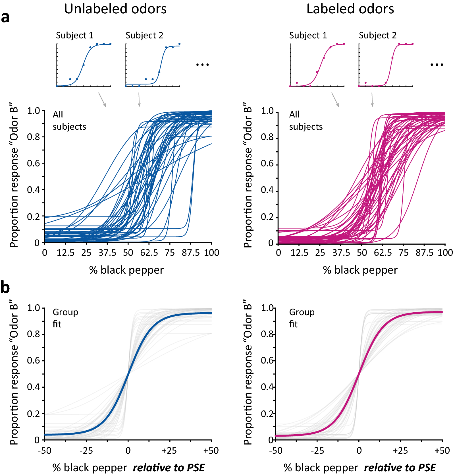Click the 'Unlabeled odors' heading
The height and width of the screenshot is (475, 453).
115,9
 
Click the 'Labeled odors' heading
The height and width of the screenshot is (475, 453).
350,9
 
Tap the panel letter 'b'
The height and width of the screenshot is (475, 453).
5,288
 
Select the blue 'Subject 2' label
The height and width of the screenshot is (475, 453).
144,35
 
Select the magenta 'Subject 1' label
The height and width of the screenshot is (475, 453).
308,35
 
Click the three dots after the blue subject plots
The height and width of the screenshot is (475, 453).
202,65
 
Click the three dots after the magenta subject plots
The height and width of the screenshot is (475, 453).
437,65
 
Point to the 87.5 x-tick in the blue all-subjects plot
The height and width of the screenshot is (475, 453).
190,253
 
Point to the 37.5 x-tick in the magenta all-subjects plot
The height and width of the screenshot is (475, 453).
341,253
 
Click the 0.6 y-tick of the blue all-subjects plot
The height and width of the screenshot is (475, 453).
34,163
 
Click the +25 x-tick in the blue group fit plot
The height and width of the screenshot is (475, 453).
169,451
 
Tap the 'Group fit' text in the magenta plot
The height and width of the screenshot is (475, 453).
302,318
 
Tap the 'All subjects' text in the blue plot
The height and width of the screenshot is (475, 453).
69,120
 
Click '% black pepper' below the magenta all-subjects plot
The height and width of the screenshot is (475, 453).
360,270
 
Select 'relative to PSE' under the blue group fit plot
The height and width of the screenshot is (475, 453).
169,468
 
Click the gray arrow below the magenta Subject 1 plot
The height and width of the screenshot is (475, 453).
335,100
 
